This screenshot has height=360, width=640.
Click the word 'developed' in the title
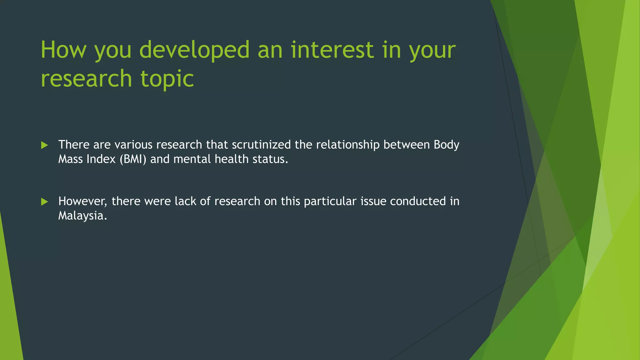click(x=194, y=50)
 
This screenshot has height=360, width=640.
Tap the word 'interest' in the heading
click(x=332, y=50)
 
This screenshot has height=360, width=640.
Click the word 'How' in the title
click(x=63, y=50)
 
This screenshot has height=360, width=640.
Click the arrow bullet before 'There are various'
click(x=44, y=145)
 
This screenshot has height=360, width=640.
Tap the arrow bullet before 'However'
click(x=44, y=202)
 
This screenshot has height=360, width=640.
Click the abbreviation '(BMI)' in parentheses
click(x=133, y=159)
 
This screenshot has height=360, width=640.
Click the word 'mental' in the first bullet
click(x=192, y=159)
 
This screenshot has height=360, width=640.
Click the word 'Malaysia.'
click(x=82, y=216)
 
